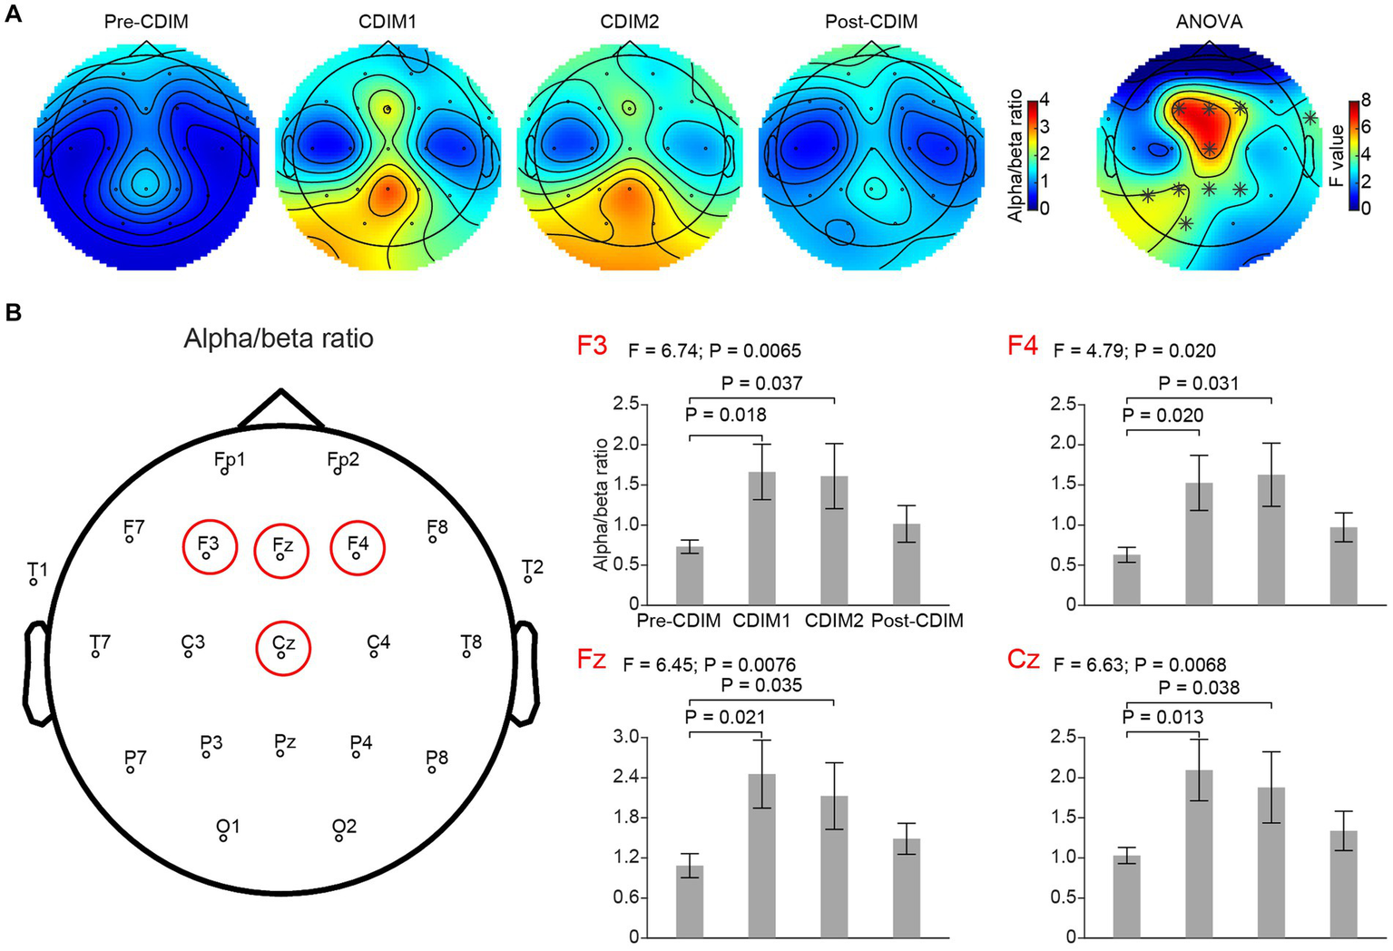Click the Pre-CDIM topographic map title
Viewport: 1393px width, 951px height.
[146, 21]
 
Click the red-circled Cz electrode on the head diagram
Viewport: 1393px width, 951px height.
[283, 647]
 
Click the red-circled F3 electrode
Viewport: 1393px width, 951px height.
[209, 547]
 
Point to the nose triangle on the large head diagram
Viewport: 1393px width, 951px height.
[281, 409]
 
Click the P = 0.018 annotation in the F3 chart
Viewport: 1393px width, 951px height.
[726, 415]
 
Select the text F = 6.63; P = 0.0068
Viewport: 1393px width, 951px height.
[1140, 665]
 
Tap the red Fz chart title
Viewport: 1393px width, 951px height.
[592, 660]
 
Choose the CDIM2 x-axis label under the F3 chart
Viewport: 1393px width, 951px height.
[833, 622]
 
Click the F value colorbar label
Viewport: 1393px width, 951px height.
[1337, 156]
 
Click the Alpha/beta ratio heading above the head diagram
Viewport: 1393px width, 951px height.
[279, 338]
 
